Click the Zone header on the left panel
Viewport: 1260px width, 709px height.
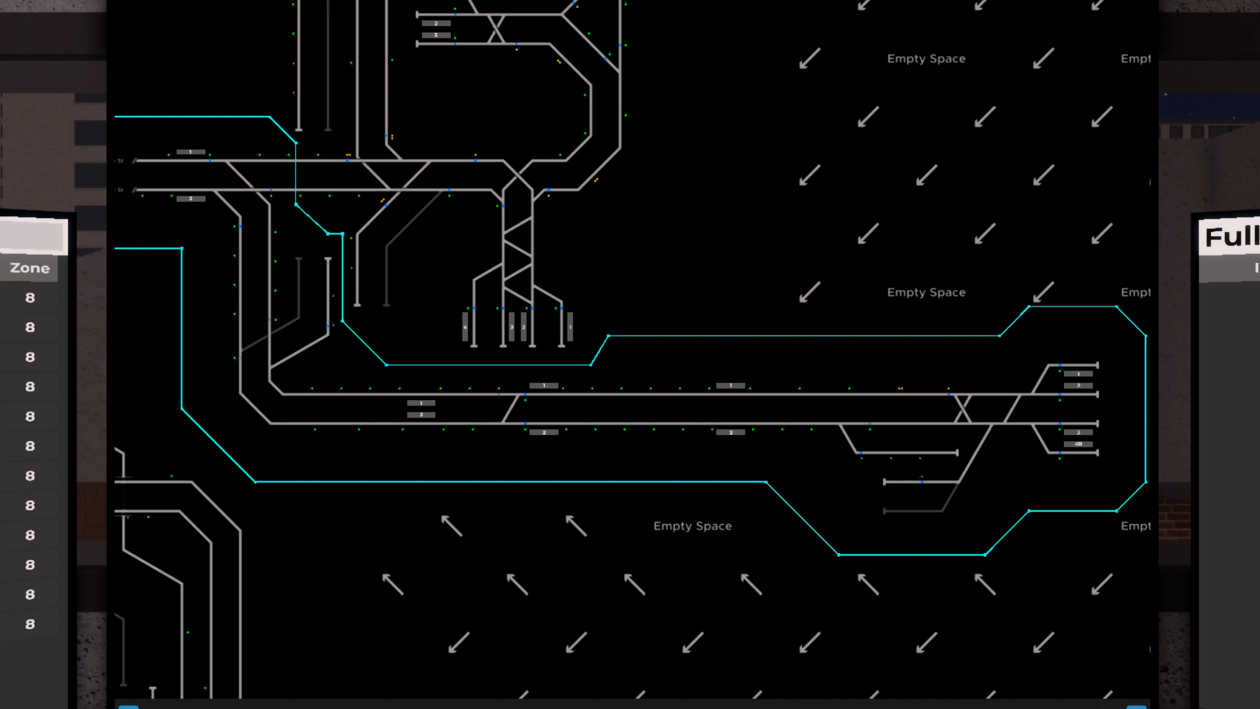click(29, 268)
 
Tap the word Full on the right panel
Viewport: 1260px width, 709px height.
click(1231, 237)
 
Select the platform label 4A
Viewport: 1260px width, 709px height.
click(1078, 444)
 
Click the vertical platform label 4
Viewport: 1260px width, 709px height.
click(465, 327)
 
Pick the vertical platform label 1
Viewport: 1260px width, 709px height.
click(570, 327)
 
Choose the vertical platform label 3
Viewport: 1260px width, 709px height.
click(512, 327)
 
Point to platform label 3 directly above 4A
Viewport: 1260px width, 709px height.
click(1078, 433)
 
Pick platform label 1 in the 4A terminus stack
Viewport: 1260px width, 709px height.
click(1078, 374)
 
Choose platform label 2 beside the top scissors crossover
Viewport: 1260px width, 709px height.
click(436, 23)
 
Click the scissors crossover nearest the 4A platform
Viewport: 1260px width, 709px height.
click(963, 409)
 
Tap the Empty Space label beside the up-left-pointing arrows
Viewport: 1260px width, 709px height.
click(692, 526)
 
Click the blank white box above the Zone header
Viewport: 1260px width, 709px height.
click(33, 236)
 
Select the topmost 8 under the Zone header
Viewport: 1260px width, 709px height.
click(30, 298)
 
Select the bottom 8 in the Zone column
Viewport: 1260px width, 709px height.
click(30, 624)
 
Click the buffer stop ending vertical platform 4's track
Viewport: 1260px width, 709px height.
click(474, 346)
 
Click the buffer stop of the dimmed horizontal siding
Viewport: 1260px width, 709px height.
click(885, 511)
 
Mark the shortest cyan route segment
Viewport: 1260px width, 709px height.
click(335, 234)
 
